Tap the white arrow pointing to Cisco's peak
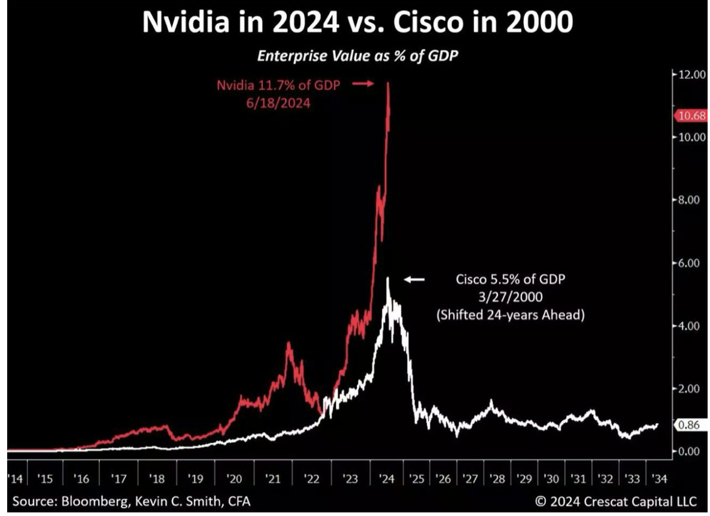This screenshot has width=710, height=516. coord(414,279)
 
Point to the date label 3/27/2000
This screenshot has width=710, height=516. coord(509,297)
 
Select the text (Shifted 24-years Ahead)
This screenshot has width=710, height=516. coord(509,314)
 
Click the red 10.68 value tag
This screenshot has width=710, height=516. coord(692,116)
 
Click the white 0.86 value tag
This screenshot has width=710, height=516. coord(692,425)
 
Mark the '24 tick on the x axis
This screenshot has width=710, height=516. coord(387,479)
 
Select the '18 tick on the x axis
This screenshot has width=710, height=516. coord(157,479)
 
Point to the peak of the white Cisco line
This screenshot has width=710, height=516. coord(388,278)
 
